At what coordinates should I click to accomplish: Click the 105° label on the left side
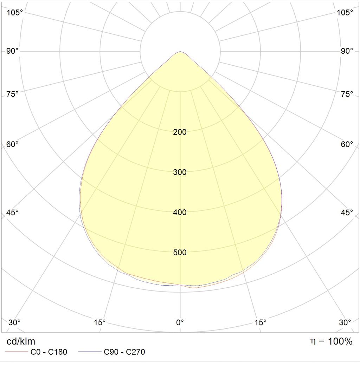point(14,12)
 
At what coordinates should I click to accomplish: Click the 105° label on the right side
point(345,12)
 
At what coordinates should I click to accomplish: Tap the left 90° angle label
point(12,51)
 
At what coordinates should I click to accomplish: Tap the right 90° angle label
point(347,51)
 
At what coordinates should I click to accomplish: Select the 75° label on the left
point(12,94)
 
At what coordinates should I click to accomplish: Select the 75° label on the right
point(347,94)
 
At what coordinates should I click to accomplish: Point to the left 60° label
point(12,144)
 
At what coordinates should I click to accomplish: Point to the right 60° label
point(347,144)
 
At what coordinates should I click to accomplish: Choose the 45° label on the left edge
point(12,212)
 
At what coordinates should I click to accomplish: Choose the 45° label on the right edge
point(347,212)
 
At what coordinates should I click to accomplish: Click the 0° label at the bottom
point(180,322)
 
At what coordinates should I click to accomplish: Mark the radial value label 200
point(180,132)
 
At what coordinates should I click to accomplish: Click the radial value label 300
point(180,172)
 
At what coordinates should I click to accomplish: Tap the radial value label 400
point(180,212)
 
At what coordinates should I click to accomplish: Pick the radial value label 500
point(180,253)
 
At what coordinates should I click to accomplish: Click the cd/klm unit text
point(21,341)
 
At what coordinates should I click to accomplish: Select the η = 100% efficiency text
point(332,341)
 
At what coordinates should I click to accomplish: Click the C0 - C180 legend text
point(49,352)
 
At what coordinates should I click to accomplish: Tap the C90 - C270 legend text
point(124,352)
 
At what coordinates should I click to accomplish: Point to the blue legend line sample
point(90,351)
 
